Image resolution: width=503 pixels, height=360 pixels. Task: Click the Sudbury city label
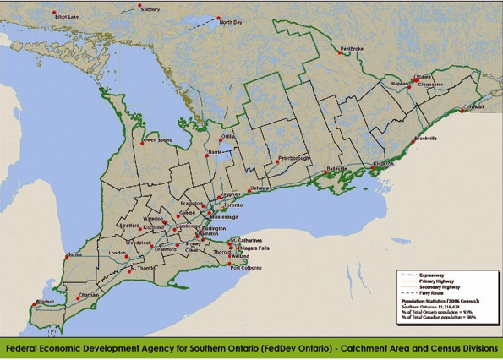(150, 9)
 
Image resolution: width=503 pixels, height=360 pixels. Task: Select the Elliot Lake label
(67, 16)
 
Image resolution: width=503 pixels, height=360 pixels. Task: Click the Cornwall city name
(475, 106)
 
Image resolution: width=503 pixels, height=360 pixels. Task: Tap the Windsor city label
(44, 301)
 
